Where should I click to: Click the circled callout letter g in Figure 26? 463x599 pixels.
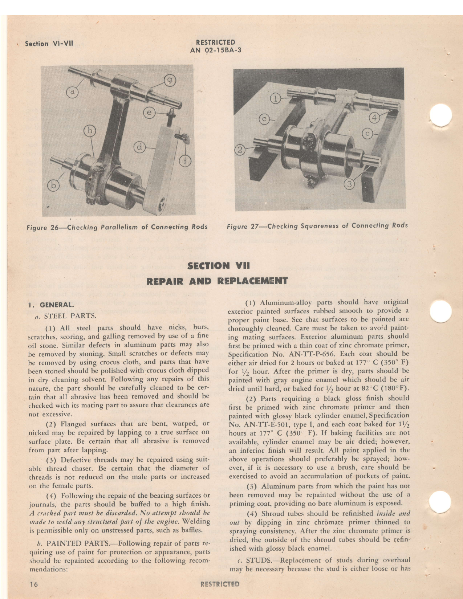pos(169,81)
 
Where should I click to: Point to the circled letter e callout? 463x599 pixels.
pos(149,113)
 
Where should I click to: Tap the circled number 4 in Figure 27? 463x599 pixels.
pos(374,118)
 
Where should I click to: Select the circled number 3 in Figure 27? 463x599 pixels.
pos(349,184)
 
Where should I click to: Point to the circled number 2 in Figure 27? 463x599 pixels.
pos(240,150)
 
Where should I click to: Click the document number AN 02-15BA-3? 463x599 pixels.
pos(215,50)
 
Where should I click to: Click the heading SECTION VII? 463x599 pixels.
pos(219,266)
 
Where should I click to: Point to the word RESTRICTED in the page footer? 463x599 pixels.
pos(220,584)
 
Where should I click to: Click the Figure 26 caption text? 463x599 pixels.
pos(117,227)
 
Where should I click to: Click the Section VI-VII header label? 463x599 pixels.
pos(49,44)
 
